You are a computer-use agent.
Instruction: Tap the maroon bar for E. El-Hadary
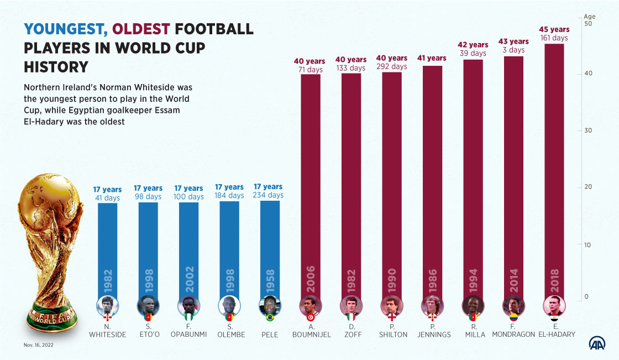554,166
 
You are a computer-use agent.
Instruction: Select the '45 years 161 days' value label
554,34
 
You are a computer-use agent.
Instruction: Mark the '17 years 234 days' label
268,191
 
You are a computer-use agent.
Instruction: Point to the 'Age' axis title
589,17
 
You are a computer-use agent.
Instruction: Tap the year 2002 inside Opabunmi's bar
189,279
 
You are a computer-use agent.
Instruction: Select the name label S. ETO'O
148,331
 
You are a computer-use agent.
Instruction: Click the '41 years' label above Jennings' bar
432,58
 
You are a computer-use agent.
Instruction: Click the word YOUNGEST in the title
65,29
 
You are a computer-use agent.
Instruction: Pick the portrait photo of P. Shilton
391,305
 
